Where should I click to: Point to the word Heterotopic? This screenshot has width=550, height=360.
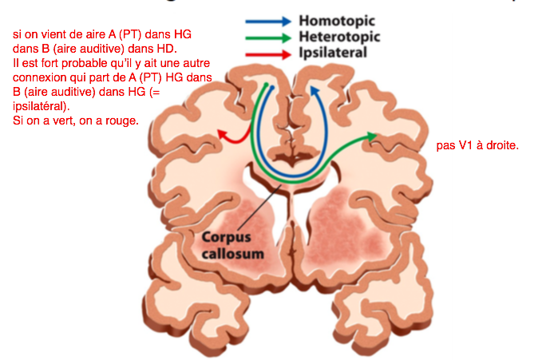pos(338,37)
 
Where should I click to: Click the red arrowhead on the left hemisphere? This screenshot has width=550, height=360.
pos(220,133)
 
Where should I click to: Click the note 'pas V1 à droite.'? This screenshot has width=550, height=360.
pos(478,146)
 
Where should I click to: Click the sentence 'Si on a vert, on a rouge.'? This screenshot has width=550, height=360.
pos(76,121)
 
